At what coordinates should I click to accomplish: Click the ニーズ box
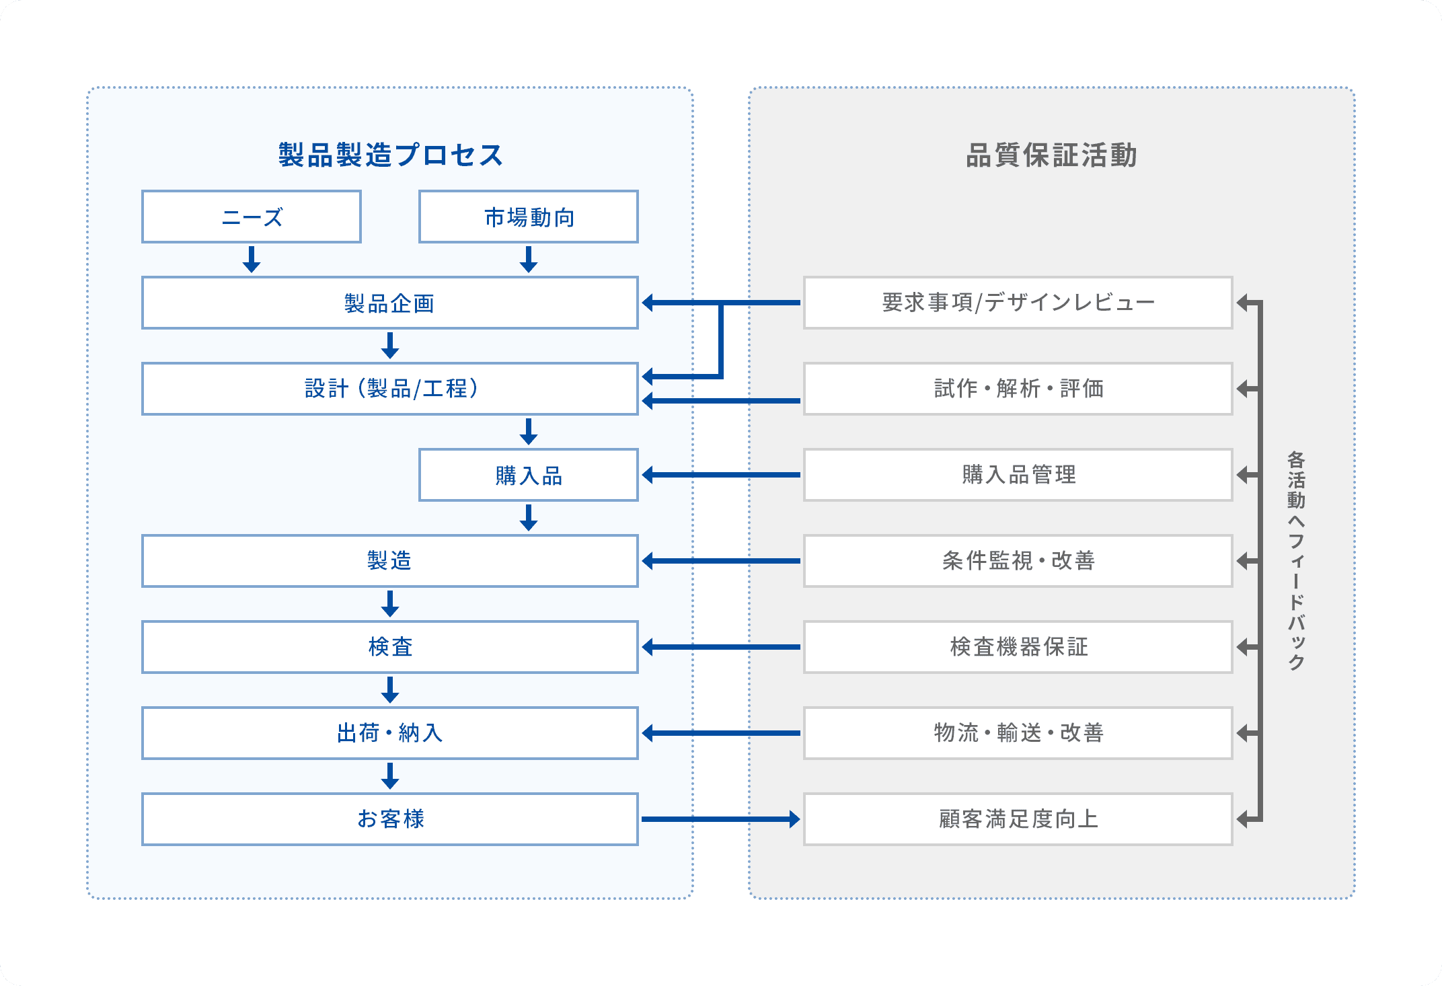(252, 217)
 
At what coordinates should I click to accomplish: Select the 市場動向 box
(529, 217)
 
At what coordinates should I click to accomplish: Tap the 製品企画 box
(390, 303)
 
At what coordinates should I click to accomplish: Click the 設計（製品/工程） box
(390, 389)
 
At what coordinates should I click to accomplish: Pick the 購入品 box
(529, 475)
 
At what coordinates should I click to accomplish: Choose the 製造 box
(390, 561)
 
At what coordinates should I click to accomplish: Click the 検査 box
(390, 647)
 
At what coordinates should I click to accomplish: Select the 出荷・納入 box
(390, 733)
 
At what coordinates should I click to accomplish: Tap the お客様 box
(390, 819)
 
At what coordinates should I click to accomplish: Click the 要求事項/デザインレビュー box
(1018, 303)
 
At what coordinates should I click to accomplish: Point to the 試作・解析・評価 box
(1018, 389)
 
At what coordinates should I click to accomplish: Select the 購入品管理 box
(1018, 475)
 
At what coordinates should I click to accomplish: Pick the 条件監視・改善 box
(1018, 561)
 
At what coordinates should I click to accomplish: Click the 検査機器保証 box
(1018, 647)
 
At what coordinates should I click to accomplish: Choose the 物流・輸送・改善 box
(1018, 733)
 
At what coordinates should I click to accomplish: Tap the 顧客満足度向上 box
(1018, 819)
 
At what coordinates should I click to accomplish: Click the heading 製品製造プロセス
(390, 155)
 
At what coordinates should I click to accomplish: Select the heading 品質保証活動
(1051, 155)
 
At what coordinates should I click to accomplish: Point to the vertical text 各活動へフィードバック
(1296, 561)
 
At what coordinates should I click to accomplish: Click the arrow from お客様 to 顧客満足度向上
(721, 819)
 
